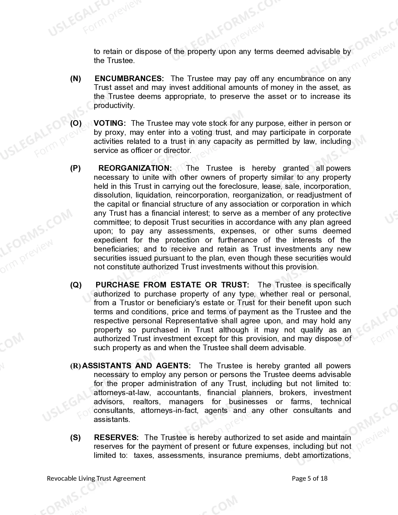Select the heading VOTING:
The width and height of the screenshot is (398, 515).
[x=110, y=124]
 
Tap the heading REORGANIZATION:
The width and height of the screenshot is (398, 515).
[x=135, y=169]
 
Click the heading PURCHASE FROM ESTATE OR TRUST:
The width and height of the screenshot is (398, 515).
[x=172, y=285]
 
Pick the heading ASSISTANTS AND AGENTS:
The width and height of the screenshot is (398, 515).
[x=136, y=366]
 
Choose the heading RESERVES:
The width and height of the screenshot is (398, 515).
[x=116, y=438]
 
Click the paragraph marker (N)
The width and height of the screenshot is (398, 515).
[x=76, y=79]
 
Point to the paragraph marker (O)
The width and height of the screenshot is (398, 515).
[x=76, y=124]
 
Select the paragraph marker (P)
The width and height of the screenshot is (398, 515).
[x=76, y=169]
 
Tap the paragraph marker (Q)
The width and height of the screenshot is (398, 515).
[x=76, y=285]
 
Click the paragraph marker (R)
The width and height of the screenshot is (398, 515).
[x=76, y=366]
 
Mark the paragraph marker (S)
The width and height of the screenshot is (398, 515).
[x=76, y=438]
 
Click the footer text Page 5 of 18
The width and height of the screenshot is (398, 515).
[x=309, y=478]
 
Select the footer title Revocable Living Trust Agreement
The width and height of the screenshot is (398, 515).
[x=96, y=478]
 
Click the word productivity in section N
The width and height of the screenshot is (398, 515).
[x=114, y=106]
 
